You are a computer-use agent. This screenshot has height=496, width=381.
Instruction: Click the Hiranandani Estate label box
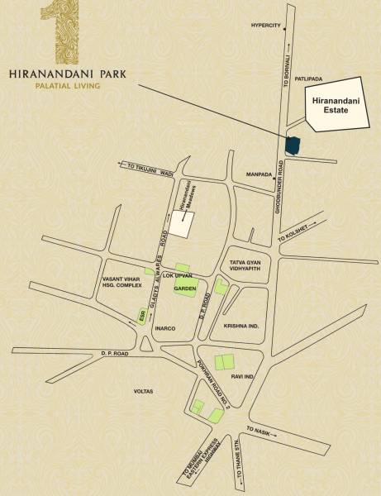pos(336,104)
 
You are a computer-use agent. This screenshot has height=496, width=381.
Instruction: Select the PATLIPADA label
pos(320,79)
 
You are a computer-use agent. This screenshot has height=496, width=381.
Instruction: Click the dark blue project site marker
pos(292,144)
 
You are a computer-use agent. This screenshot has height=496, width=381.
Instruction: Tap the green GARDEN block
pos(183,287)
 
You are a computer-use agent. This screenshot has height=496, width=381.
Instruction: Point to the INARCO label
pos(164,328)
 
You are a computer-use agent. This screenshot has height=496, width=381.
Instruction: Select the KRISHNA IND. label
pos(241,326)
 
